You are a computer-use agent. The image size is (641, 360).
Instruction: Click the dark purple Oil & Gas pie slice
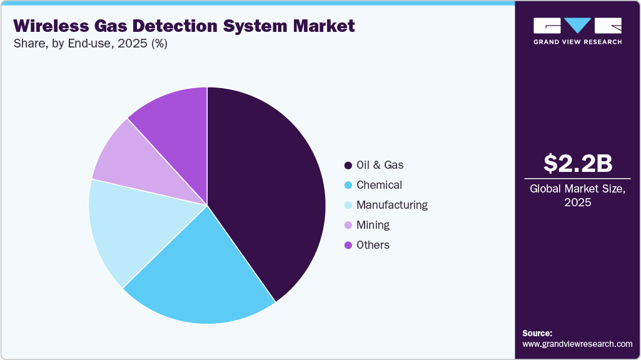[269, 187]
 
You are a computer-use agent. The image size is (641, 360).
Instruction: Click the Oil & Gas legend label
[380, 165]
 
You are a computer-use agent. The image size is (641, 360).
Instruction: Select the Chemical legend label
[379, 185]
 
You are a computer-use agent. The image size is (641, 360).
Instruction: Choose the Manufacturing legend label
[392, 205]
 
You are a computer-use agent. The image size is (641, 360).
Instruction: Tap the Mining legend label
[373, 225]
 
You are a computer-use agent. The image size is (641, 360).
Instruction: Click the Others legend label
[373, 245]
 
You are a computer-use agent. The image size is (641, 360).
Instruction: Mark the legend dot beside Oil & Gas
[348, 166]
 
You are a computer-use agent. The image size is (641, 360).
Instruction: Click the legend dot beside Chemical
[348, 186]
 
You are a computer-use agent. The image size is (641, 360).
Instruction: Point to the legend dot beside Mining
[348, 226]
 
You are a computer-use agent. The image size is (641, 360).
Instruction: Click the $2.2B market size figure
[577, 164]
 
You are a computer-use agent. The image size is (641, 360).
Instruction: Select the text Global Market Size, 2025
[577, 196]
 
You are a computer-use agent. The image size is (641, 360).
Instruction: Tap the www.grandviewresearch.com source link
[577, 344]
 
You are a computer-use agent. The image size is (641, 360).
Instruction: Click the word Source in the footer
[537, 333]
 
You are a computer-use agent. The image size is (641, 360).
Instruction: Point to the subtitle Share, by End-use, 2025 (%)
[90, 44]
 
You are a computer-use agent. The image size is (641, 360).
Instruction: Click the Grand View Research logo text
[577, 42]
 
